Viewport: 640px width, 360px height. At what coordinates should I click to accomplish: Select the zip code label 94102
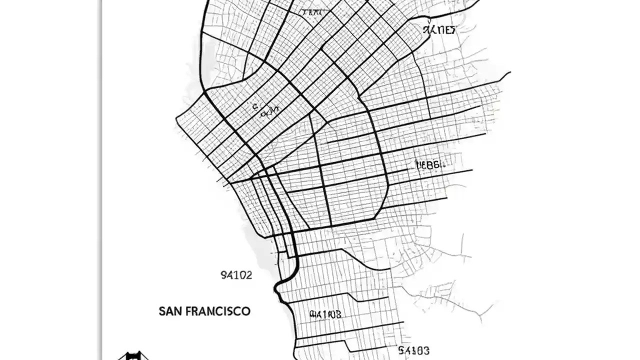236,275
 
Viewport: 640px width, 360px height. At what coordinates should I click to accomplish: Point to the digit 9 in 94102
223,275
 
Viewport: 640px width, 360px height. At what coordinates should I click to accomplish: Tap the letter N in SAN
177,311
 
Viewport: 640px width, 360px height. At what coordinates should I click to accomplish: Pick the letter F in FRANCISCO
188,311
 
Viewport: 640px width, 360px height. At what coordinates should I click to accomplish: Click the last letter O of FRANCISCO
246,311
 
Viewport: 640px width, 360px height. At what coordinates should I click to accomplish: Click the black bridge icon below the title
132,356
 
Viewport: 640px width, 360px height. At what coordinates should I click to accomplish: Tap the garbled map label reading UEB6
428,164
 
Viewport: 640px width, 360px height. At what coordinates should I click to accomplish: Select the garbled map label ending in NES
439,30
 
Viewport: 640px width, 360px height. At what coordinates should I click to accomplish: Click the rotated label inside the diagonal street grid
265,110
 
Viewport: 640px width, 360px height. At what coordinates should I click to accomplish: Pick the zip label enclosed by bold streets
325,314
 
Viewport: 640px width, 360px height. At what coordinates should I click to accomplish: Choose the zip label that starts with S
413,350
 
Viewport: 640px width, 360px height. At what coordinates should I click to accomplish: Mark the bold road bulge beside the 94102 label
278,289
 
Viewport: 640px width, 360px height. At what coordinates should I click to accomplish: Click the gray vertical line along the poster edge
101,180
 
